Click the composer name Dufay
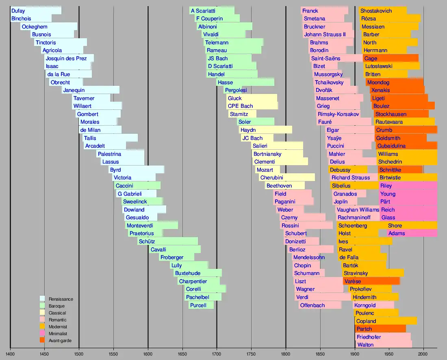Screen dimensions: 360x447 18,11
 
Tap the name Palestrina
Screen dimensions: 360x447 109,154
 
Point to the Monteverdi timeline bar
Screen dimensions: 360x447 152,226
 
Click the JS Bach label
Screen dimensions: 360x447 218,59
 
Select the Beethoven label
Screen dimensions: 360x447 279,186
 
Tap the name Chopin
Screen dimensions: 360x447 302,266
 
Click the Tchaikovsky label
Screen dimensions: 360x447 329,83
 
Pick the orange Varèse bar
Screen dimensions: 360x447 371,281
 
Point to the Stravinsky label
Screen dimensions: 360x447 356,273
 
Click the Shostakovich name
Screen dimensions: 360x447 376,11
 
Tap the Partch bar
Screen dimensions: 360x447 380,329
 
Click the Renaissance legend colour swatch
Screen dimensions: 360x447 42,299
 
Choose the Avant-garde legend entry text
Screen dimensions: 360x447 60,341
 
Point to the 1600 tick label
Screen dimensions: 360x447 148,354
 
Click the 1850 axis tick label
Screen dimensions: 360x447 320,354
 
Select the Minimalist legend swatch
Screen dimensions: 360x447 42,334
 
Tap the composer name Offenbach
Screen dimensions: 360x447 312,305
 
